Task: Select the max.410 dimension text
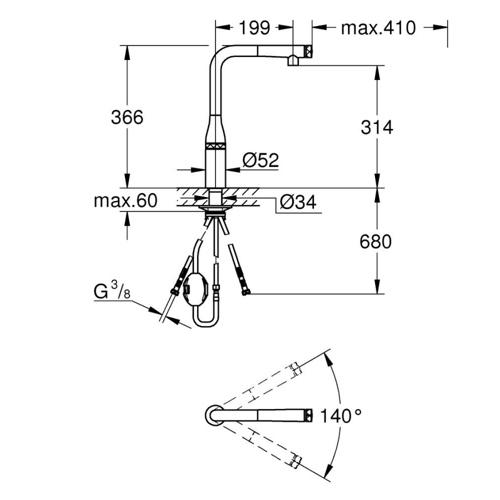click(378, 27)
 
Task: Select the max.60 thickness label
click(125, 201)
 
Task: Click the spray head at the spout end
click(300, 55)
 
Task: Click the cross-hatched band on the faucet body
click(217, 146)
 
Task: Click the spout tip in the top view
click(308, 415)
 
